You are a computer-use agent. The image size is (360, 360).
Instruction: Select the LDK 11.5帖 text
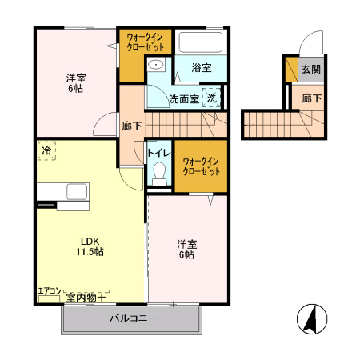pyautogui.click(x=90, y=246)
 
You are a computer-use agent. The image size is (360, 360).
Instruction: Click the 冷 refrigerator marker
pyautogui.click(x=46, y=150)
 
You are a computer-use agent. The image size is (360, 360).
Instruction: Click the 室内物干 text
pyautogui.click(x=86, y=298)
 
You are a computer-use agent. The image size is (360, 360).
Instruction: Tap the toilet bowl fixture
pyautogui.click(x=158, y=173)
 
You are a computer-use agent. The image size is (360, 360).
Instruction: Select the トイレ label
pyautogui.click(x=158, y=151)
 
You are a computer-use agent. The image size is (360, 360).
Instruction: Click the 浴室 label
pyautogui.click(x=201, y=70)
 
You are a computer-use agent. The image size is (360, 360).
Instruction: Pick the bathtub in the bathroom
pyautogui.click(x=201, y=42)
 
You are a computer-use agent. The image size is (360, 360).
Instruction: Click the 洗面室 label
pyautogui.click(x=183, y=99)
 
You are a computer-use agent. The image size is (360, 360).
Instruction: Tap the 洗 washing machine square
pyautogui.click(x=211, y=98)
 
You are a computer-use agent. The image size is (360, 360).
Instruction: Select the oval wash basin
pyautogui.click(x=157, y=66)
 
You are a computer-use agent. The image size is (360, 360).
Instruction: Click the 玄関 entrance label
pyautogui.click(x=310, y=70)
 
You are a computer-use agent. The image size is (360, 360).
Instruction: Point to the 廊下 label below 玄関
pyautogui.click(x=311, y=99)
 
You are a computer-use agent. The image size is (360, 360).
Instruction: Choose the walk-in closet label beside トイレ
pyautogui.click(x=200, y=166)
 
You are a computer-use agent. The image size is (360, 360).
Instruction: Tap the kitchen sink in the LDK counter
pyautogui.click(x=77, y=192)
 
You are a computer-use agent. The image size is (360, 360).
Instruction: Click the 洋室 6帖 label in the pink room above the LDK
pyautogui.click(x=75, y=82)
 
